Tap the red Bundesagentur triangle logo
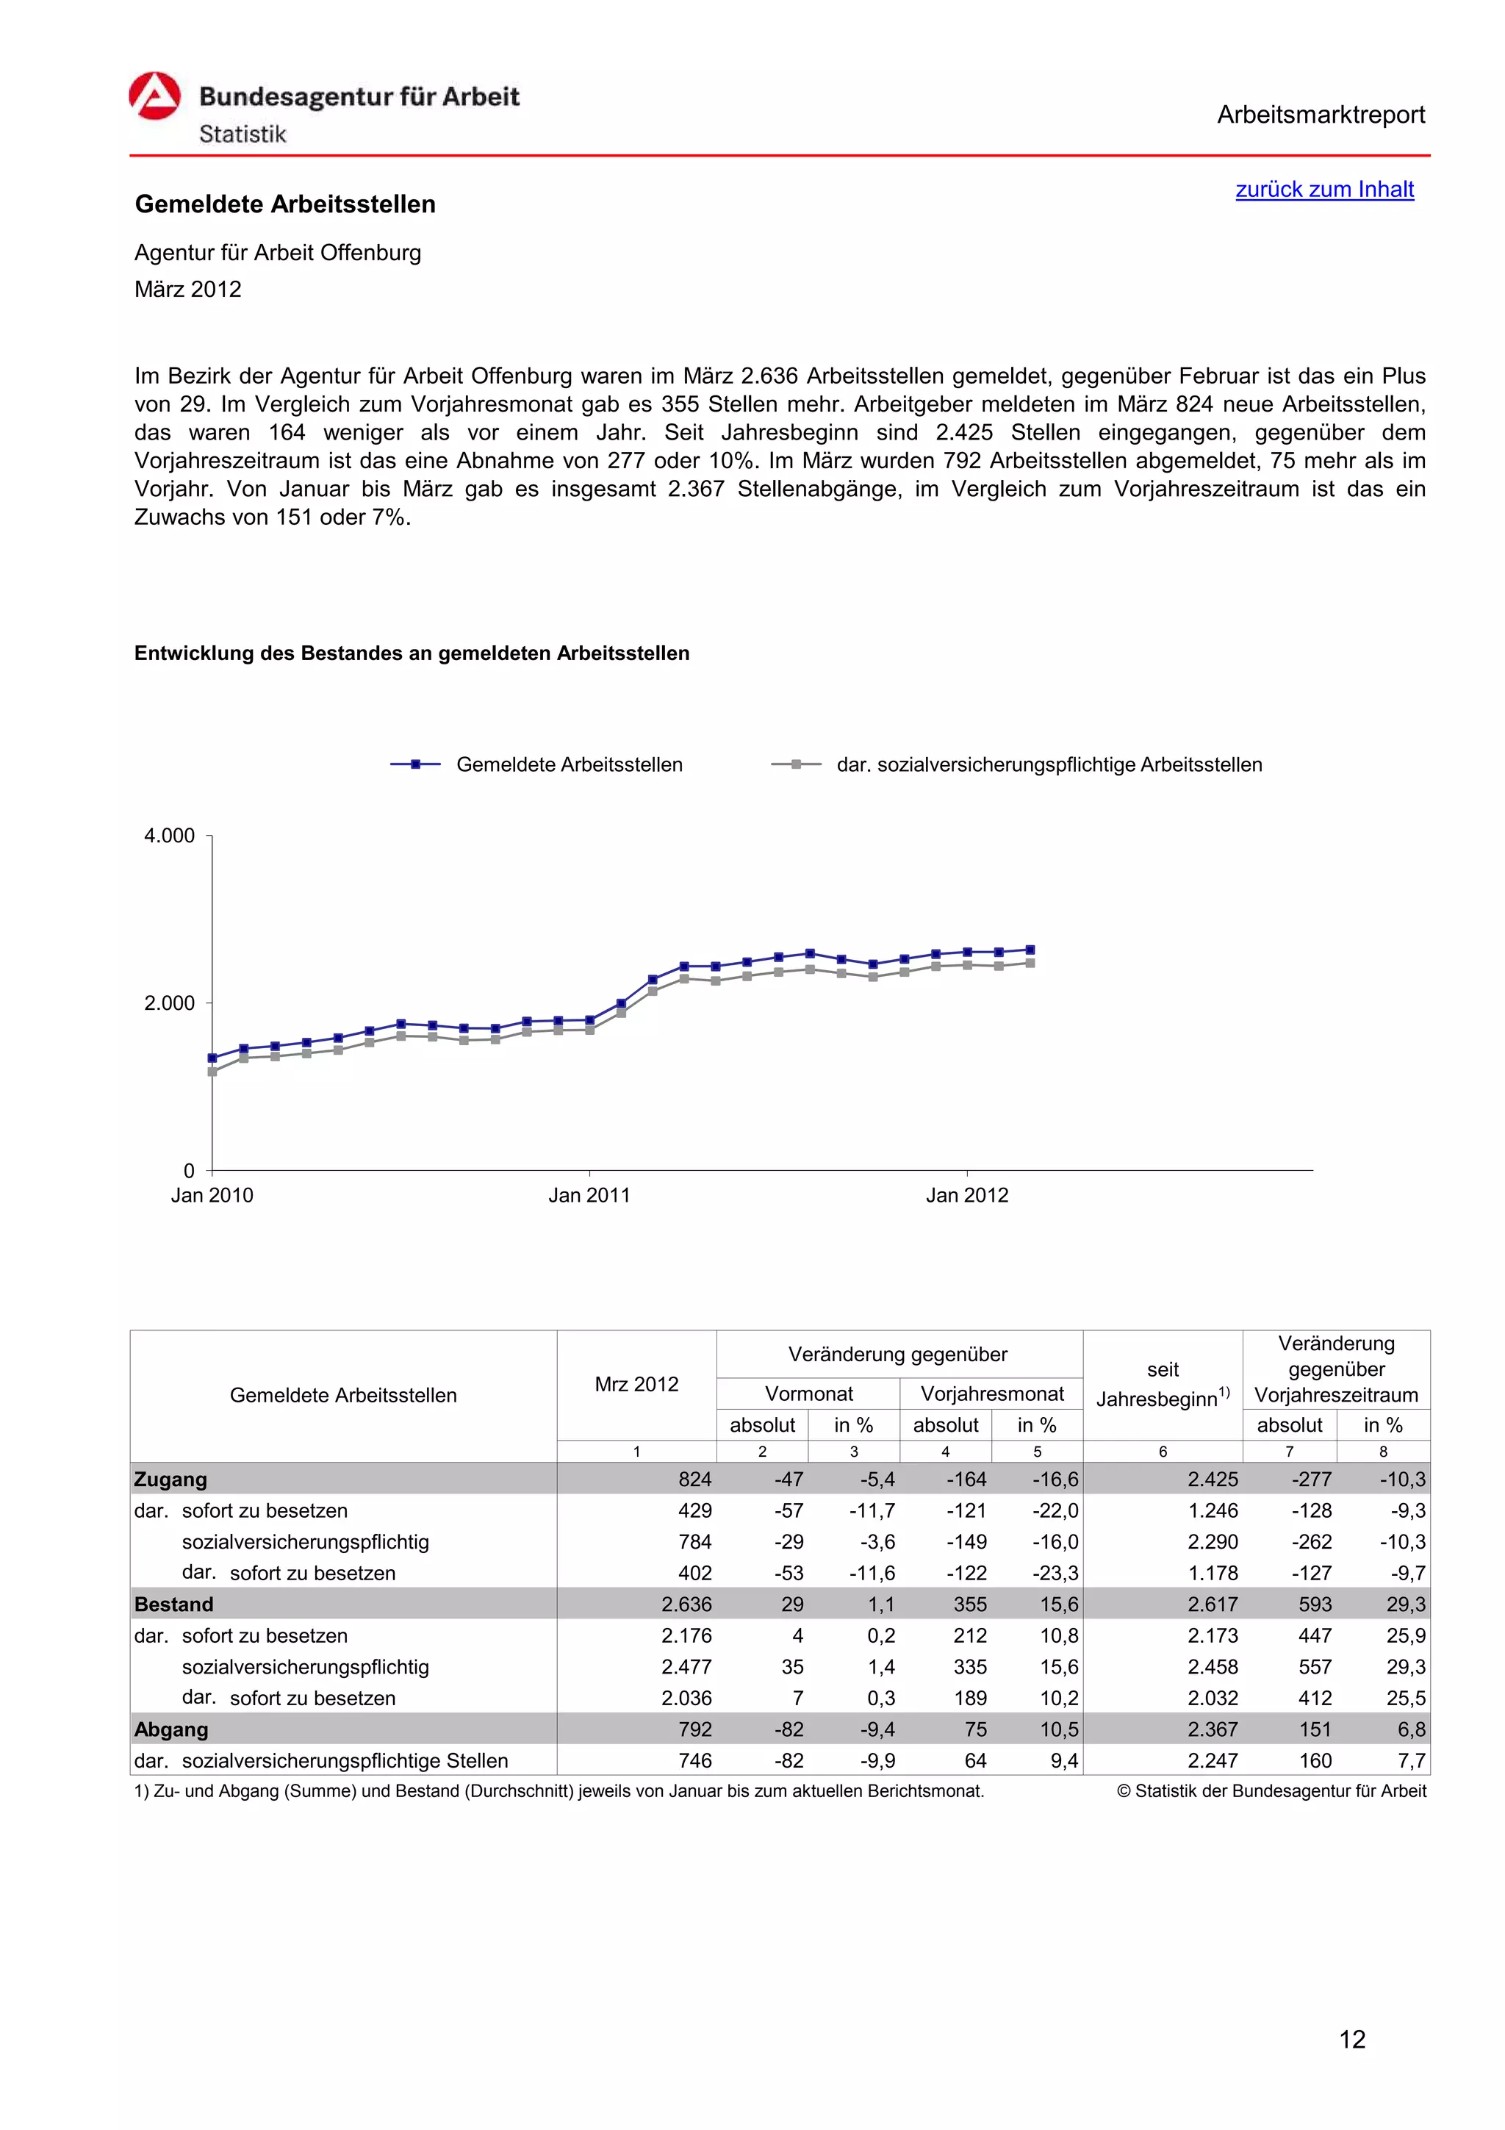click(x=154, y=96)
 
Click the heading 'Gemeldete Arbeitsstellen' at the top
click(x=284, y=204)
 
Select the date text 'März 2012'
click(x=187, y=290)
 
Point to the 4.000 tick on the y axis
click(x=170, y=836)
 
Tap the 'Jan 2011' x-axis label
click(x=589, y=1195)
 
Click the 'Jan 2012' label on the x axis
click(x=966, y=1195)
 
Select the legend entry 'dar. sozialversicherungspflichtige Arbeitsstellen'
click(x=1048, y=764)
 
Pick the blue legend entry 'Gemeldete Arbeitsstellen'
click(x=569, y=764)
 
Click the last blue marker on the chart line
click(x=1030, y=949)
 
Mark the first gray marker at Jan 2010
click(x=212, y=1072)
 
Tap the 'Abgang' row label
click(x=170, y=1729)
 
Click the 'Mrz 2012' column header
click(x=636, y=1384)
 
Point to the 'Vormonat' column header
click(x=808, y=1394)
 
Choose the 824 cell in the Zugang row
click(x=694, y=1480)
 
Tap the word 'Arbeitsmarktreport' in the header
click(x=1321, y=115)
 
